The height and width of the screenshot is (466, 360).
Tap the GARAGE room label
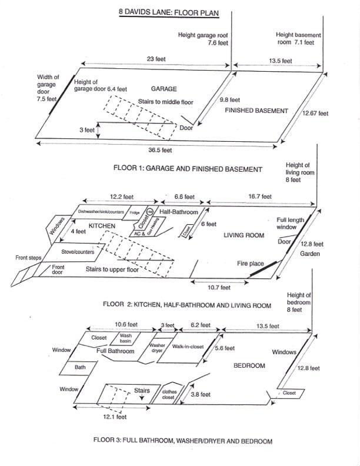tap(164, 88)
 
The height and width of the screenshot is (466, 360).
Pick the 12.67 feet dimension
tap(315, 113)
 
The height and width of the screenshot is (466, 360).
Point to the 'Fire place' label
tap(251, 264)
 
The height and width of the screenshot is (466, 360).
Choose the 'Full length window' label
tap(291, 223)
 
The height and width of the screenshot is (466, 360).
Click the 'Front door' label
tap(58, 269)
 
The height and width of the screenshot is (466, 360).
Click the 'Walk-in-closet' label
tap(188, 347)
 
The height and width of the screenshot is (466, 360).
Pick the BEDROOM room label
tap(249, 365)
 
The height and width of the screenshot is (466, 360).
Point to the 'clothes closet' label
tap(168, 395)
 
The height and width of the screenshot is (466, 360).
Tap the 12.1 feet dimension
tap(114, 417)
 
